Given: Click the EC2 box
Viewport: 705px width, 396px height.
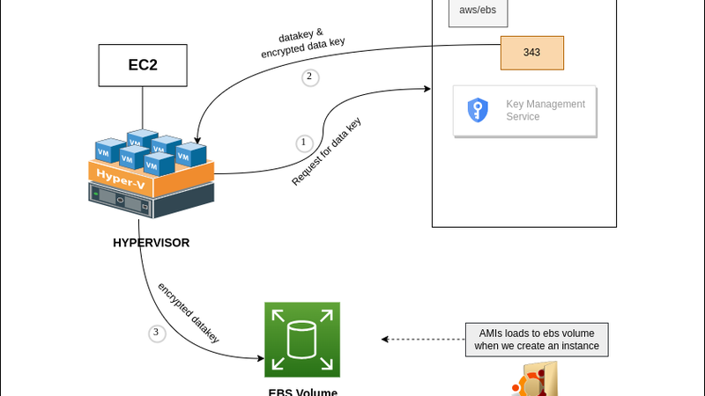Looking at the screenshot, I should pyautogui.click(x=143, y=65).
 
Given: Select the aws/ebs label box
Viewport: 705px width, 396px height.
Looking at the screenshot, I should pyautogui.click(x=478, y=11).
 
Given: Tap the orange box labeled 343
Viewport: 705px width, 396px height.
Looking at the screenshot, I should pyautogui.click(x=531, y=53).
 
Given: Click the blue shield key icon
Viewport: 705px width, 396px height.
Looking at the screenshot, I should pyautogui.click(x=478, y=110).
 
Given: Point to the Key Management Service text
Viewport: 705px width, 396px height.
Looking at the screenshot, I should pyautogui.click(x=545, y=110).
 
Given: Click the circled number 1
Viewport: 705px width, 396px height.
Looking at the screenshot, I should pyautogui.click(x=304, y=143).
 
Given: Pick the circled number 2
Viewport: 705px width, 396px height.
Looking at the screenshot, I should pyautogui.click(x=309, y=77).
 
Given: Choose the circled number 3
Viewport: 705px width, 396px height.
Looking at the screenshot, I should pyautogui.click(x=157, y=334).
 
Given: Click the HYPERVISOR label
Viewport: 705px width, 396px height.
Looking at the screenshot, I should pyautogui.click(x=151, y=243).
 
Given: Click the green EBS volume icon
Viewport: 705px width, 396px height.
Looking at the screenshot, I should pyautogui.click(x=301, y=340).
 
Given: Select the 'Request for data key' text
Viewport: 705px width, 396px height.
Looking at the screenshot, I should pyautogui.click(x=327, y=151).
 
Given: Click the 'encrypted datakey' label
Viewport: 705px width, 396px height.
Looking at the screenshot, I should pyautogui.click(x=189, y=312).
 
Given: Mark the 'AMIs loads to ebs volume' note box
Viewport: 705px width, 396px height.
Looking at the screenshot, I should pyautogui.click(x=537, y=340).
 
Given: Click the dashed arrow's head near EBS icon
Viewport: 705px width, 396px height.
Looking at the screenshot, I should pyautogui.click(x=385, y=339).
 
